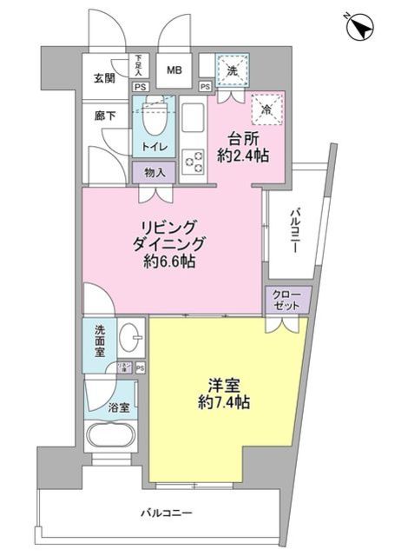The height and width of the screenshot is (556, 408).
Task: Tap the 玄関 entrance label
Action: [x=104, y=78]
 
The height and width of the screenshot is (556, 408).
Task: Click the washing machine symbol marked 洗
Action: [x=232, y=69]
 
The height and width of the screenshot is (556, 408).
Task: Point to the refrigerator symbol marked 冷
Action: [x=264, y=109]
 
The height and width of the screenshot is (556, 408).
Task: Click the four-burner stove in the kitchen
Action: [x=192, y=162]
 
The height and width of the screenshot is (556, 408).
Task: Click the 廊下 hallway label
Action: [x=104, y=115]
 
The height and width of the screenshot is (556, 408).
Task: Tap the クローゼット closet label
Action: [x=286, y=300]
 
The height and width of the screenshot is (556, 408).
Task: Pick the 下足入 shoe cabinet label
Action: [x=140, y=64]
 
